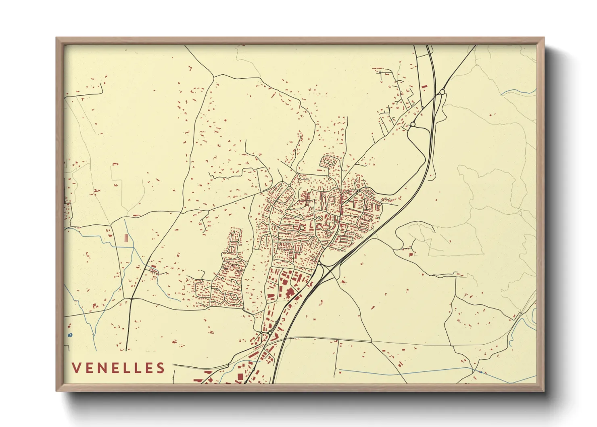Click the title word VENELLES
(x=119, y=368)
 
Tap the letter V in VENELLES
(x=77, y=368)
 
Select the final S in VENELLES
(x=161, y=368)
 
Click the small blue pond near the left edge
(x=70, y=335)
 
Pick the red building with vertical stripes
(x=126, y=237)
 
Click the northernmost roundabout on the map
(x=442, y=92)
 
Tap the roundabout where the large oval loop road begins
(x=413, y=124)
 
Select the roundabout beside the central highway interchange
(x=319, y=264)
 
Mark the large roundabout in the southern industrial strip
(x=269, y=332)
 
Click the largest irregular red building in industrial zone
(x=289, y=293)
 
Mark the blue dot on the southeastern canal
(x=480, y=372)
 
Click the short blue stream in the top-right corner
(x=518, y=92)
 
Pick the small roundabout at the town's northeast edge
(x=358, y=190)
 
